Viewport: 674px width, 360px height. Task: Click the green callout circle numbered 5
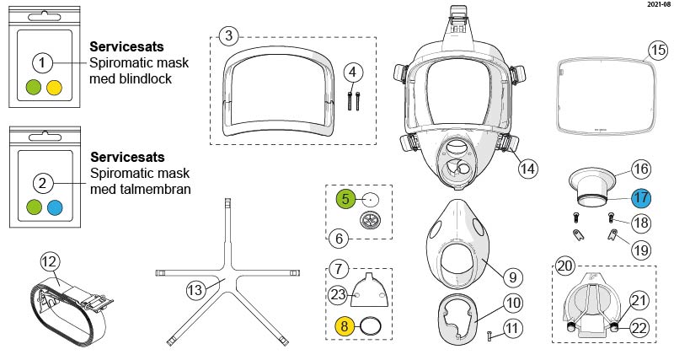point(347,200)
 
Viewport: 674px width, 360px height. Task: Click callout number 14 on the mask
point(527,167)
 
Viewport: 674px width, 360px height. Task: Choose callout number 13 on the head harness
point(196,290)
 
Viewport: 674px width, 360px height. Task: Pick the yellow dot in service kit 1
point(55,86)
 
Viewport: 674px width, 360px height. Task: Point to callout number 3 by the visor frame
point(228,35)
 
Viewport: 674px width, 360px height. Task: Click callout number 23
point(338,294)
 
